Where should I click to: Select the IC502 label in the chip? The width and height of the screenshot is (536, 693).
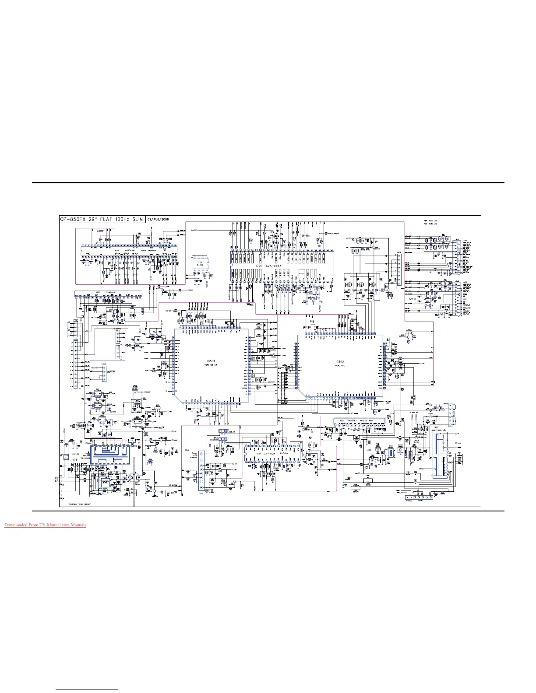coord(340,362)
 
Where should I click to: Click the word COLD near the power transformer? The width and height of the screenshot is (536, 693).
coord(75,454)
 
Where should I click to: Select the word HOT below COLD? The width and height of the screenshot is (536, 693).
coord(74,460)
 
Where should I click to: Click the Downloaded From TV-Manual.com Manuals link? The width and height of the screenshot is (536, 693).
coord(45,525)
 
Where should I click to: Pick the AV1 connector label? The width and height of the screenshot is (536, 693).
coord(465,240)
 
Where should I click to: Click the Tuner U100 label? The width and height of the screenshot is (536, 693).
coord(195,454)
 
